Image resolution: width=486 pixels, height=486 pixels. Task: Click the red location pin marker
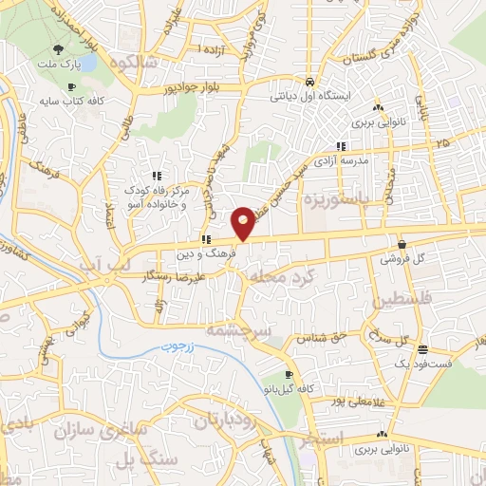tap(244, 223)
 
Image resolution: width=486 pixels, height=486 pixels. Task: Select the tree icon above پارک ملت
tap(60, 49)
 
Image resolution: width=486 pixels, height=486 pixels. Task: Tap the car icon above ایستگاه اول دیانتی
tap(310, 81)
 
